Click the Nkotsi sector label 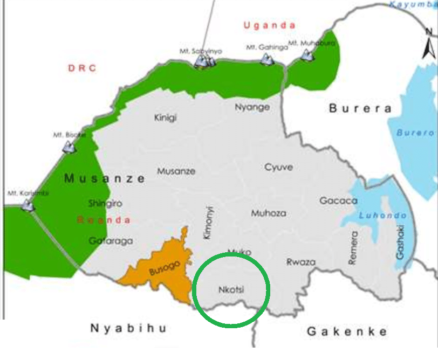pos(231,289)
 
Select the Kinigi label pos(165,117)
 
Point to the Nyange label pos(252,107)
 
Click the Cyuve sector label pos(279,167)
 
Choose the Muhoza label pos(269,213)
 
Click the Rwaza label pos(300,262)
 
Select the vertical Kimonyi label pos(210,222)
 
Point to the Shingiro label pos(105,203)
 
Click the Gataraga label pos(111,241)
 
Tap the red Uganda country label pos(269,25)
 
